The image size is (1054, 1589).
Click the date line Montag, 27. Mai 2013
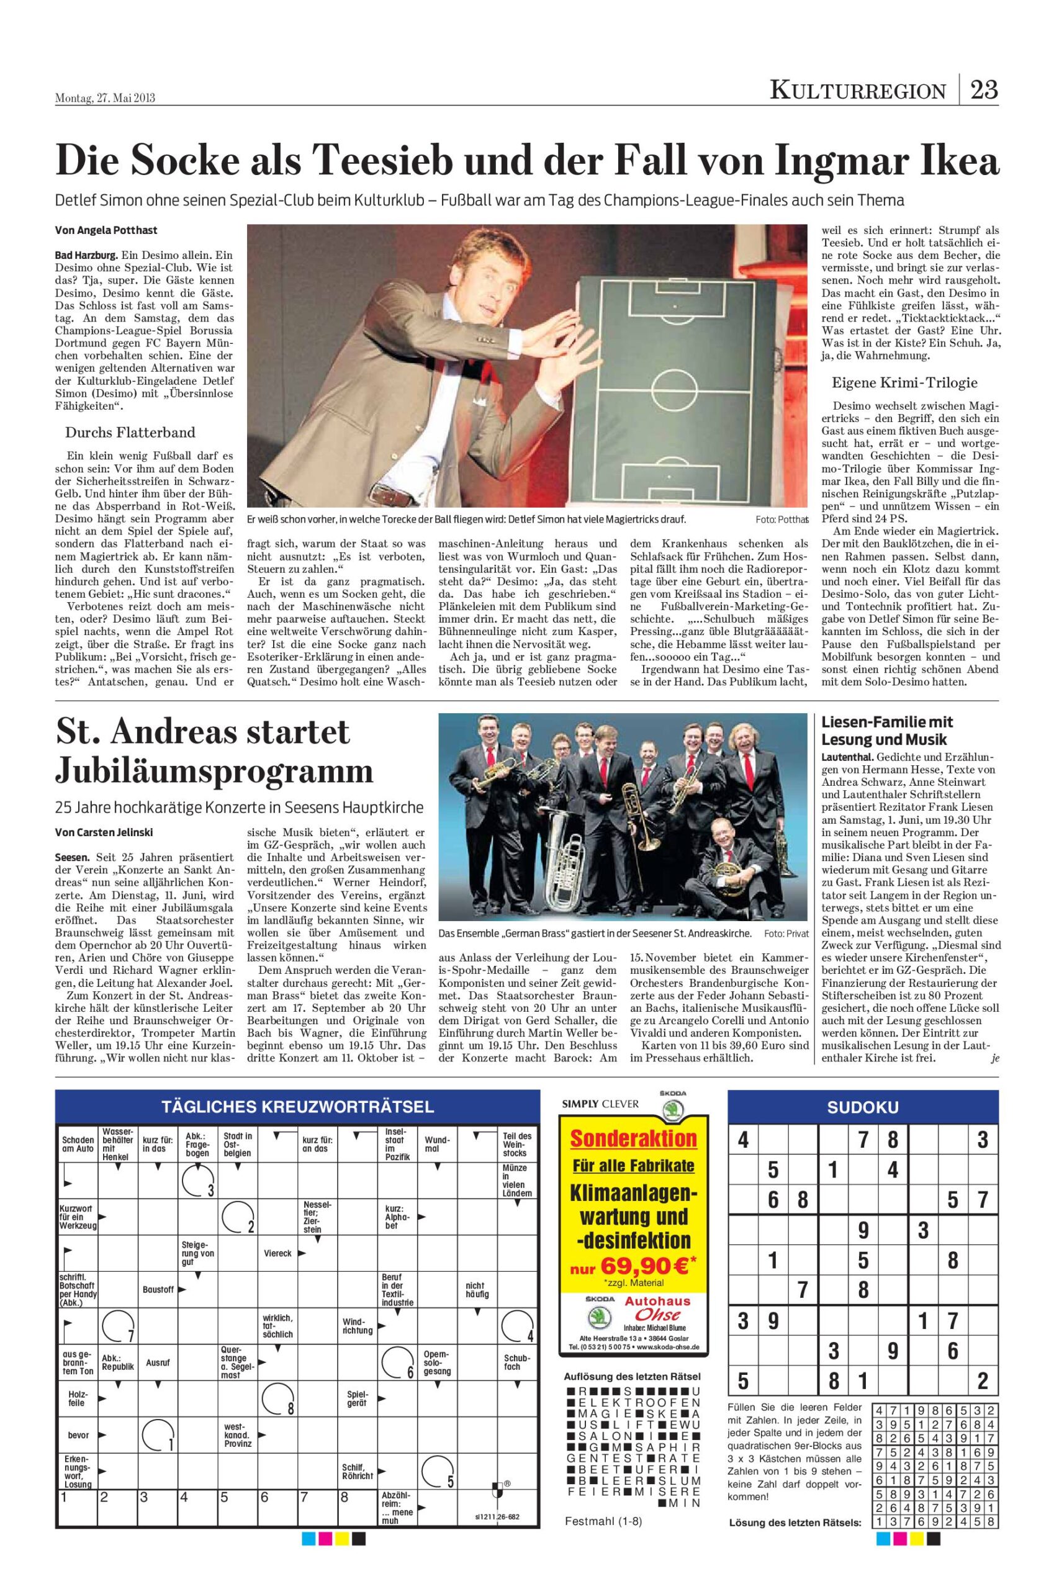(105, 98)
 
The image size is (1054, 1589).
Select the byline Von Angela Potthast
(106, 230)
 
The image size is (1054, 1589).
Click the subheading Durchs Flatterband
(130, 431)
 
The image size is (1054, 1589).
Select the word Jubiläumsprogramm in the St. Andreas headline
(214, 770)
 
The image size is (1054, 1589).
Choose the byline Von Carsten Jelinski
(104, 832)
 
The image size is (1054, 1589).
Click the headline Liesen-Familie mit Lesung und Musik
(887, 731)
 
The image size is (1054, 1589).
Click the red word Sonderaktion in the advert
(634, 1138)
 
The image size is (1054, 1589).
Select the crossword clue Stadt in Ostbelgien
(238, 1145)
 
